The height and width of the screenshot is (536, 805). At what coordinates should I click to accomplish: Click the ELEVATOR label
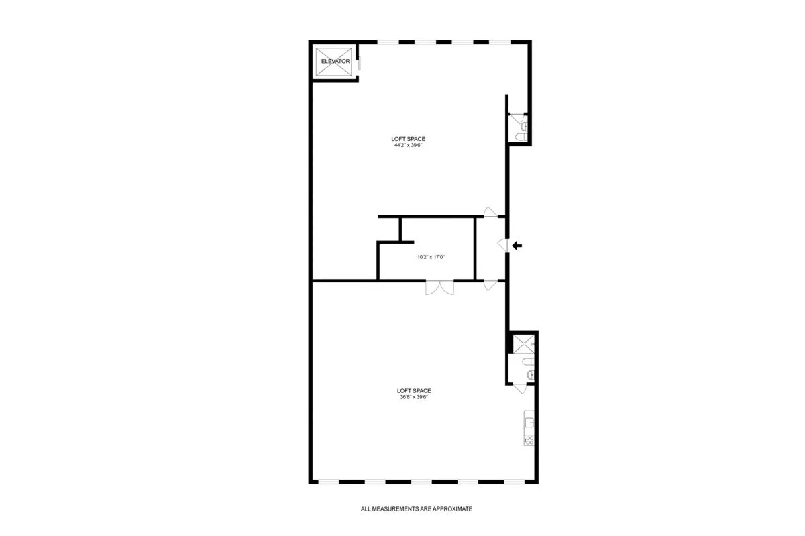[x=335, y=61]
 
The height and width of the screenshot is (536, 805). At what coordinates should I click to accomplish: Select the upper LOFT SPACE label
[x=409, y=139]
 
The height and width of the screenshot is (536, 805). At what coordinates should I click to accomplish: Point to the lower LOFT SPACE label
[x=413, y=390]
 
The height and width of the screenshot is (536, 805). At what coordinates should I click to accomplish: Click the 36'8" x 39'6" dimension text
[x=413, y=397]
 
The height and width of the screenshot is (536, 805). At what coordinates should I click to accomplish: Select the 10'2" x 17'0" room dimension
[x=431, y=256]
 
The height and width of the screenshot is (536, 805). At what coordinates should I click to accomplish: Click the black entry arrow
[x=517, y=246]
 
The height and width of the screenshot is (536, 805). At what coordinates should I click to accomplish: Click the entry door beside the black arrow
[x=502, y=245]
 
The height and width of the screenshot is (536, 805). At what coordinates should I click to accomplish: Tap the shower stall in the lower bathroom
[x=523, y=343]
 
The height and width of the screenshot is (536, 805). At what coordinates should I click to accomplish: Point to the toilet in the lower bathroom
[x=529, y=374]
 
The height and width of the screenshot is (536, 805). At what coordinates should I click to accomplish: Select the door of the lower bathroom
[x=521, y=388]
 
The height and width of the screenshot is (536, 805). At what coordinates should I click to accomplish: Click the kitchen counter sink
[x=529, y=423]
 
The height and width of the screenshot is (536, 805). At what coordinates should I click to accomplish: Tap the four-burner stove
[x=529, y=440]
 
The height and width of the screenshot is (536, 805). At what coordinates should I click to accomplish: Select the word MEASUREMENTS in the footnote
[x=396, y=509]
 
